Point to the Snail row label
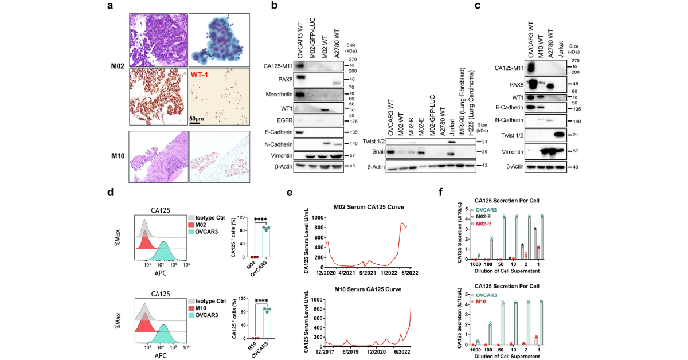(376, 152)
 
